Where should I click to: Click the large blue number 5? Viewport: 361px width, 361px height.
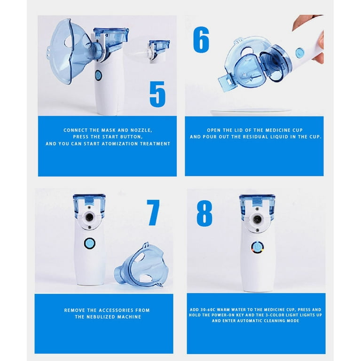click(x=157, y=94)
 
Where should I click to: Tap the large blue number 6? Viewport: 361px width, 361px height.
click(x=201, y=40)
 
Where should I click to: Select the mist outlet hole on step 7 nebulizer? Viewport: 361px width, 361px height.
click(x=88, y=217)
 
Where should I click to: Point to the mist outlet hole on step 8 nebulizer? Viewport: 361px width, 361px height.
click(x=256, y=219)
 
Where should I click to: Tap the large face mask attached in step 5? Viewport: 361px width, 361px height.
click(x=66, y=49)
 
